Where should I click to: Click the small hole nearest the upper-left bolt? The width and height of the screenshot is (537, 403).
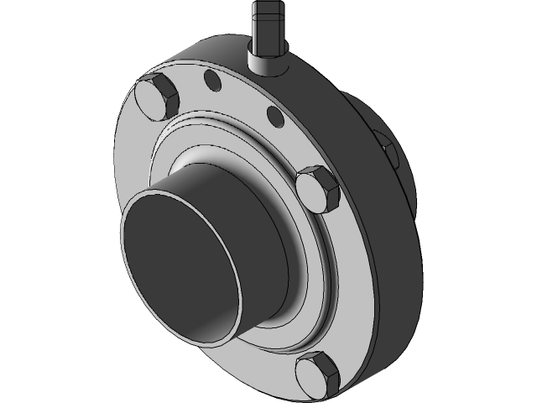point(212,81)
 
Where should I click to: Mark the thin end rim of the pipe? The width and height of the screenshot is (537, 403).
point(125,252)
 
